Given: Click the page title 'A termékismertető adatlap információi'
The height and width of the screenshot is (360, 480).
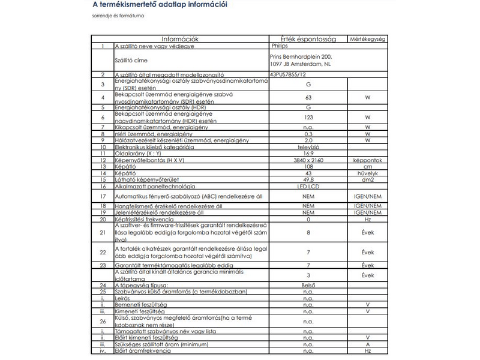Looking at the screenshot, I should (x=160, y=5).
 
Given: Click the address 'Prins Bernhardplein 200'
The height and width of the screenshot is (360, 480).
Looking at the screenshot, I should (x=300, y=56).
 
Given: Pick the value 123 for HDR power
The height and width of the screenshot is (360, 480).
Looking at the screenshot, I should (x=308, y=118).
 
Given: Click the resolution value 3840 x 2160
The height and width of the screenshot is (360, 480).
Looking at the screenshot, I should (x=308, y=161).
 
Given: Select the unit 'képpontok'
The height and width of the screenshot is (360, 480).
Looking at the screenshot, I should (x=367, y=161).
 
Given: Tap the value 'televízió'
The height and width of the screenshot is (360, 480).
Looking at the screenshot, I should (x=308, y=146).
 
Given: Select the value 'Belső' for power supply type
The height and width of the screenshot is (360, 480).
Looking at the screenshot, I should (x=308, y=285).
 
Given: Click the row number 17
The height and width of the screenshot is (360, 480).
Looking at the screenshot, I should (x=103, y=196).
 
